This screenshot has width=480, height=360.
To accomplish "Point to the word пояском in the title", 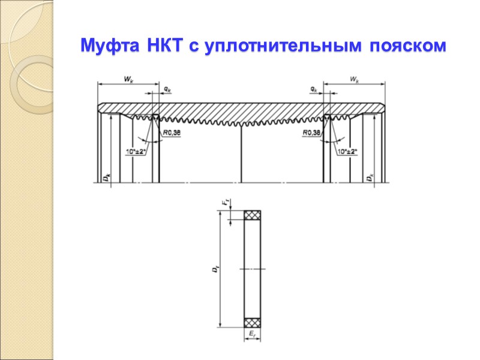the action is coord(404,46).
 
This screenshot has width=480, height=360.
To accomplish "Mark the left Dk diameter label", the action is coord(106,177).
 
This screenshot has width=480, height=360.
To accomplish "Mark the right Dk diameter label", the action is coord(371,177).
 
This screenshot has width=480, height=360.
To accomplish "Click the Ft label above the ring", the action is coord(226,204).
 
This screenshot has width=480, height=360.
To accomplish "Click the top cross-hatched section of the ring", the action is coord(252,215).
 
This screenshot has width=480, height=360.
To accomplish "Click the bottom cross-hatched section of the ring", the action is coord(252,322).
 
